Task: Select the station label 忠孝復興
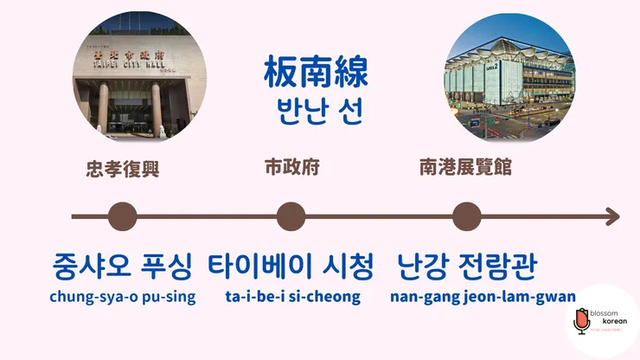[x=124, y=168]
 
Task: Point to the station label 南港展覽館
[x=464, y=167]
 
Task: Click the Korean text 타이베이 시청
[x=291, y=266]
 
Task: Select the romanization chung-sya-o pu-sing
[x=123, y=297]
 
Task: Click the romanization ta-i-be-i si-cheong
[x=291, y=297]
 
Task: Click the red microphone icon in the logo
[x=581, y=322]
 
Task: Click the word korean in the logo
[x=611, y=321]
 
